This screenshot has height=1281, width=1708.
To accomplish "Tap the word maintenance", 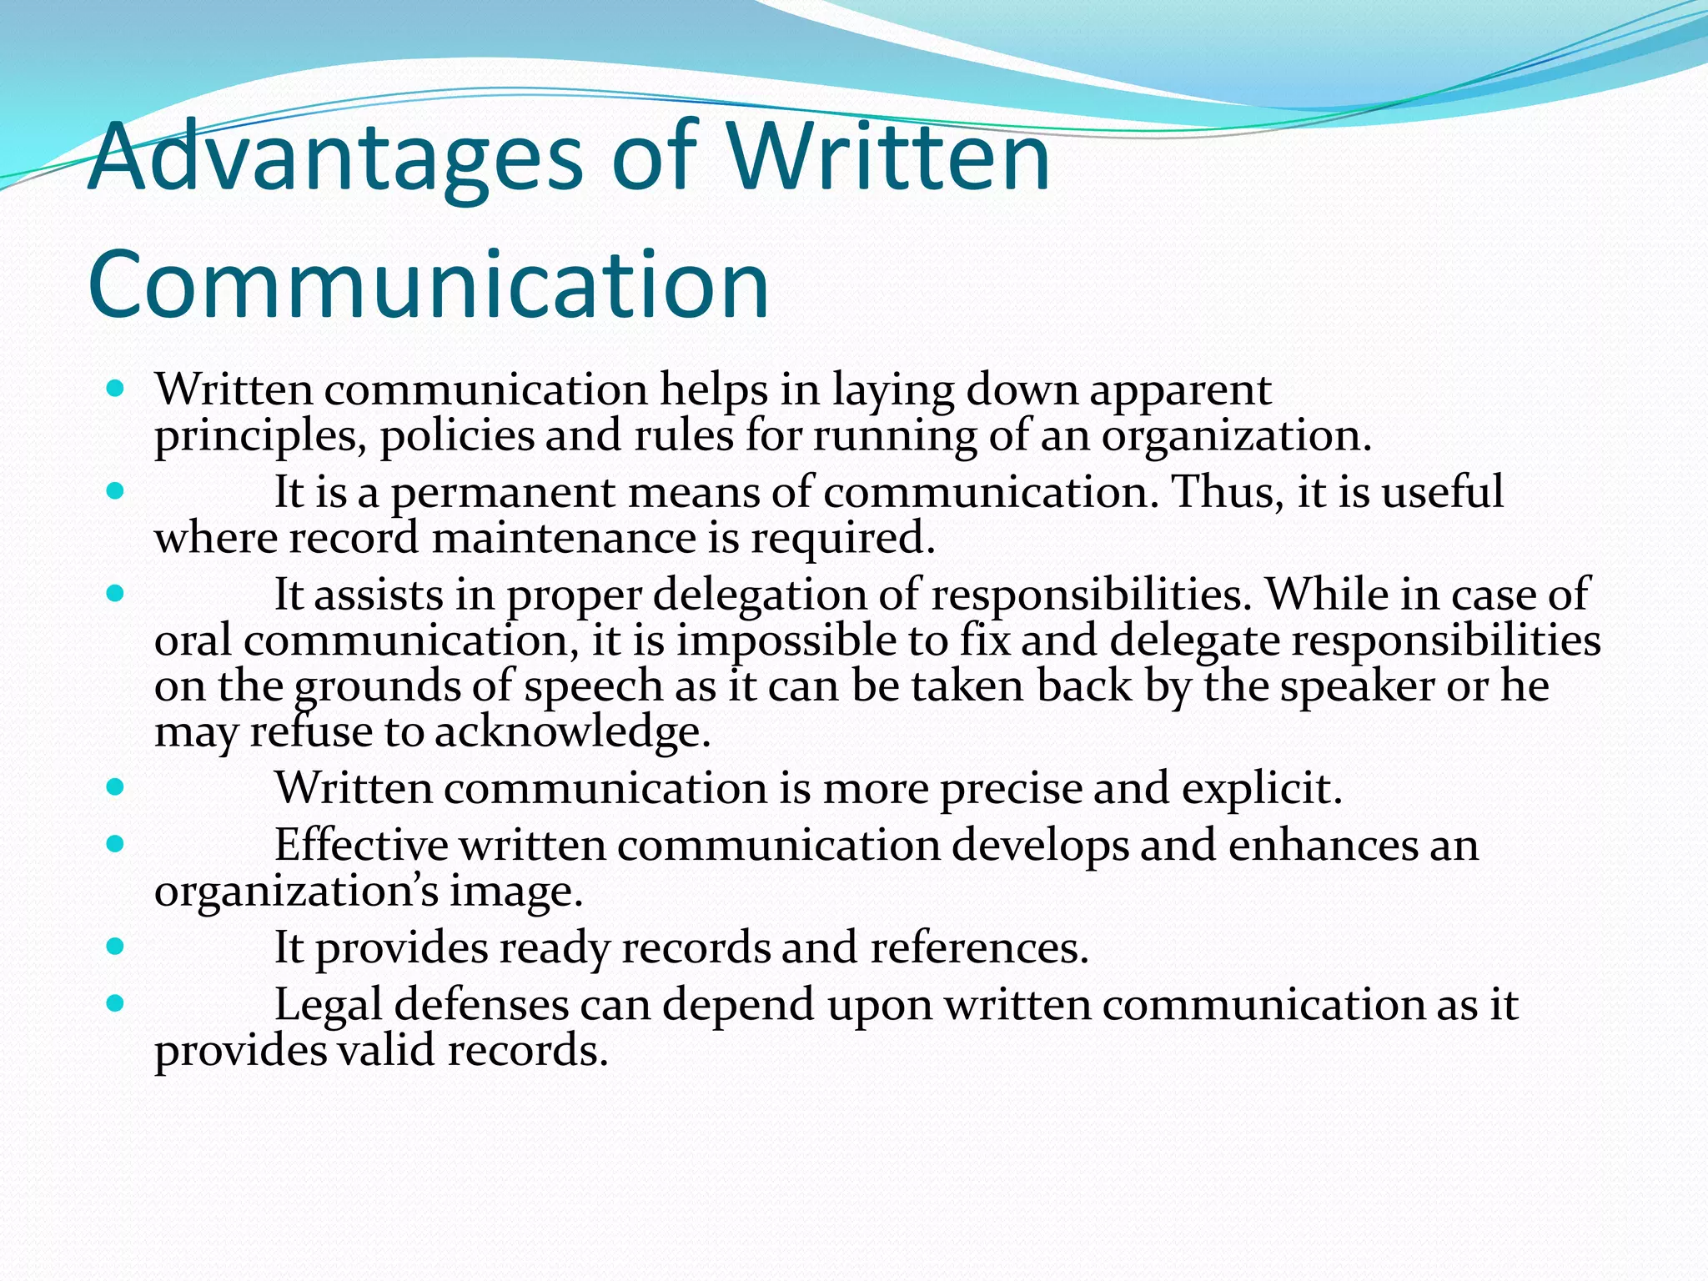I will [x=564, y=538].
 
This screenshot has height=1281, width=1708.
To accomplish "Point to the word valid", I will [x=386, y=1050].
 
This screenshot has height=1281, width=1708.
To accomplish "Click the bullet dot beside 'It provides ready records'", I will [x=116, y=946].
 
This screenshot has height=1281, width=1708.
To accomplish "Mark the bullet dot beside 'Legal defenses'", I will [x=116, y=1002].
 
